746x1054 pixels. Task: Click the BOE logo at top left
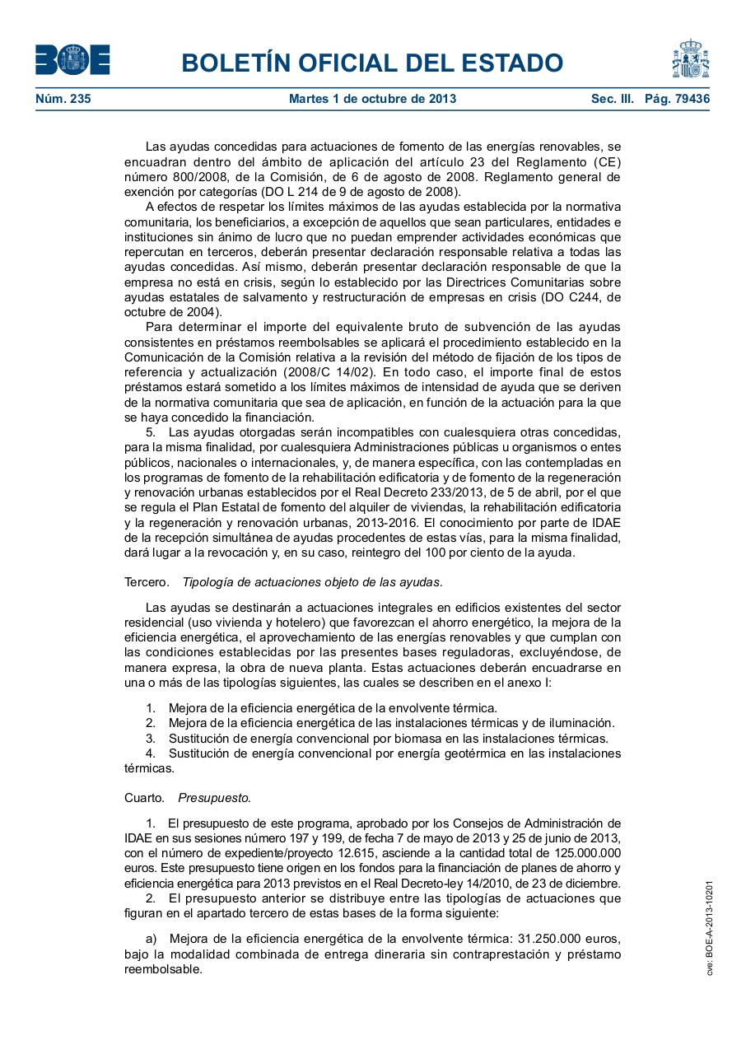coord(72,59)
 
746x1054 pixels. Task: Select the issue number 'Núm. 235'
coord(63,99)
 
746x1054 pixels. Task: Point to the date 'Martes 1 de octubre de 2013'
coord(372,99)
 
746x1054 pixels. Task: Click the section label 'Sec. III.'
coord(613,99)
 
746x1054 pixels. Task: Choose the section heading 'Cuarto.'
coord(145,798)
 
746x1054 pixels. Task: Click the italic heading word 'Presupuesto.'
coord(215,798)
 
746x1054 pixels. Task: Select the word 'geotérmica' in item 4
coord(476,753)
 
